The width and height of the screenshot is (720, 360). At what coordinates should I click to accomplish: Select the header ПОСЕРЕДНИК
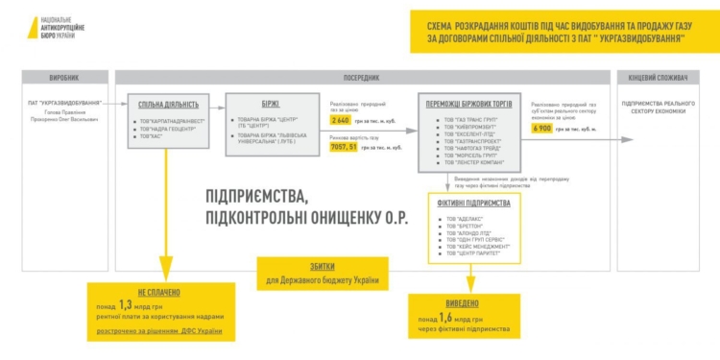[x=361, y=77]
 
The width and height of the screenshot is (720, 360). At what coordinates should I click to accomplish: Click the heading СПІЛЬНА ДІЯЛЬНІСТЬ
[x=169, y=105]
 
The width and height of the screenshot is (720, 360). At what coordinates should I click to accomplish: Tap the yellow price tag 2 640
[x=340, y=121]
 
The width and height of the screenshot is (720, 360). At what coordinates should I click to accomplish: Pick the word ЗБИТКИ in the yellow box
[x=324, y=268]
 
